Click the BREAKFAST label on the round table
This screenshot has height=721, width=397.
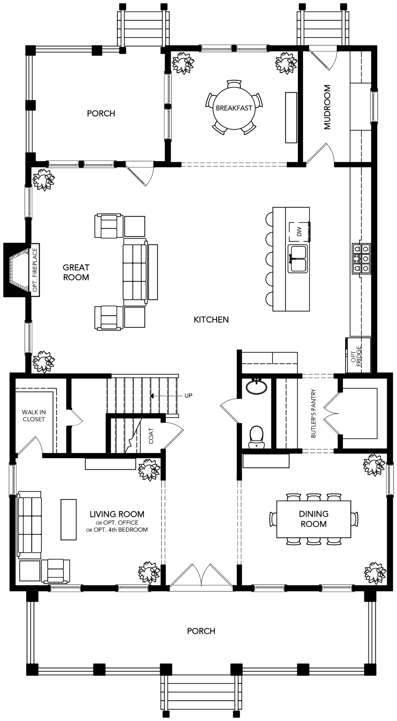click(234, 108)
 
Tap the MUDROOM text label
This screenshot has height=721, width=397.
click(327, 107)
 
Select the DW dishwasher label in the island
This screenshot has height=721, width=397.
click(299, 232)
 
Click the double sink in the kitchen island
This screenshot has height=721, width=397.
click(298, 258)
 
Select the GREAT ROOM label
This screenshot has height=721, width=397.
click(76, 272)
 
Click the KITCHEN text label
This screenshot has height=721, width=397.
click(211, 320)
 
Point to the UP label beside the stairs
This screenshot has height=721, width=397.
click(188, 395)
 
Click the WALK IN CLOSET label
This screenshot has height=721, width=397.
click(34, 416)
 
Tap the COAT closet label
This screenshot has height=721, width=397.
click(151, 436)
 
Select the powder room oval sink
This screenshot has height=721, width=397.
click(257, 387)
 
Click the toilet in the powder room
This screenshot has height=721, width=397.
click(257, 437)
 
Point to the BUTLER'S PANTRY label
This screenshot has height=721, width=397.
click(313, 413)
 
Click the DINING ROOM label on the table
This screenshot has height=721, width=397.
click(314, 519)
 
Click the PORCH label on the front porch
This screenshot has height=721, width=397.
click(201, 631)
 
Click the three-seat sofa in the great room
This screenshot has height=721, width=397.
click(135, 272)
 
